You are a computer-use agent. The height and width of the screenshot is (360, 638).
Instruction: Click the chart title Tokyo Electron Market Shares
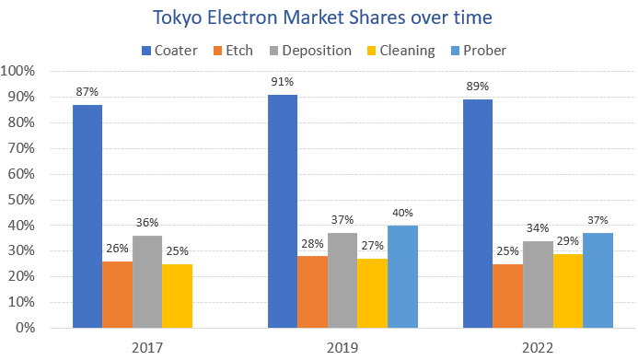[319, 17]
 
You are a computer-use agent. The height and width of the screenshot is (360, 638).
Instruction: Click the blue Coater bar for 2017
[87, 216]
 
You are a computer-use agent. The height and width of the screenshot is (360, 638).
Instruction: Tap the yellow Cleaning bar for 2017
[177, 296]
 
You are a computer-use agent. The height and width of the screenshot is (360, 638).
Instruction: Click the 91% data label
[282, 82]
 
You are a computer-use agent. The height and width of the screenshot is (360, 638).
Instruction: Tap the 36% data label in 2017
[147, 223]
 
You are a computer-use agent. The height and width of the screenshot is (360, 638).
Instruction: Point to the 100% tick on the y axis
[19, 71]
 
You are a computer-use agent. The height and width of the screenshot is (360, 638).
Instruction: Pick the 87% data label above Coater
[87, 92]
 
